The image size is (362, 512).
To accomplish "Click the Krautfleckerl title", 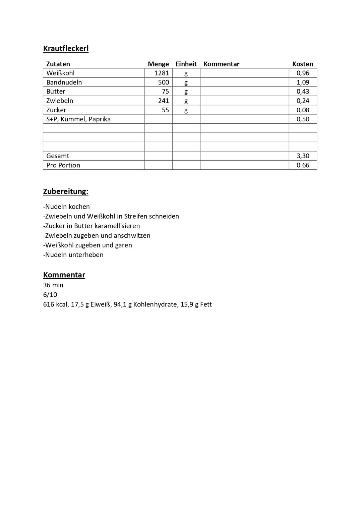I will (66, 49).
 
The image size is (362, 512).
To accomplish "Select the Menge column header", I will (158, 64).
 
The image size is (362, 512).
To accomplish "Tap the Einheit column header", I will (186, 64).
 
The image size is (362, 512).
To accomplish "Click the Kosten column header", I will (303, 64).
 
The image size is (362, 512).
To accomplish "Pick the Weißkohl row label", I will (60, 73).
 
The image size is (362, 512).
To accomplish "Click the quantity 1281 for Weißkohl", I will (162, 73).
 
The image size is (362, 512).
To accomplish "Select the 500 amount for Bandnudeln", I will (164, 82).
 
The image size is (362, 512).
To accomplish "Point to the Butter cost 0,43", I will (303, 92).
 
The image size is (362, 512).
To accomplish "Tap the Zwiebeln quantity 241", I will (164, 101).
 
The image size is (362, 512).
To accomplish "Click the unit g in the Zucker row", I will (186, 110).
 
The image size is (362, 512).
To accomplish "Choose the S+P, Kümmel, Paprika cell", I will (78, 119).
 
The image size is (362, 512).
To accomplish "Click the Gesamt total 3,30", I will (303, 156).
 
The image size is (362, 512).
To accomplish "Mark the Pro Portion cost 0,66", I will (303, 165).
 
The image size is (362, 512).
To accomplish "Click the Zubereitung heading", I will (66, 192).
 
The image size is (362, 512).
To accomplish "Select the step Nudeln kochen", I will (67, 207).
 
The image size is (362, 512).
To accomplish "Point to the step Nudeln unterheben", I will (74, 255).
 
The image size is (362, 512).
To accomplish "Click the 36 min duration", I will (53, 285).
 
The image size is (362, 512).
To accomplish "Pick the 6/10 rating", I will (50, 295).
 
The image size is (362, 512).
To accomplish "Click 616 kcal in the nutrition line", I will (55, 304).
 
